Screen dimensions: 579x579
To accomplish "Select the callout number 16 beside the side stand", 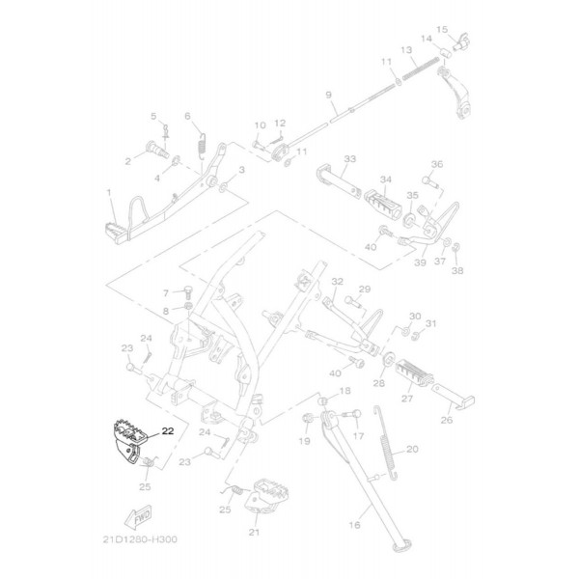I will point(353,526).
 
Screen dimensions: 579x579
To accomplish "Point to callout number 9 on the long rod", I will point(328,95).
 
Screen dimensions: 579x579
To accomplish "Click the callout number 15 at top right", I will point(442,29).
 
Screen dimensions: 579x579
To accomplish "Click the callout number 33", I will point(349,159).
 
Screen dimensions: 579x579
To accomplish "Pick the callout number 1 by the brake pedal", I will point(109,193).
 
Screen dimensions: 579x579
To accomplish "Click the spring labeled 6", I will point(201,145).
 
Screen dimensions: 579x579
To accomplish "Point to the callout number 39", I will point(419,262).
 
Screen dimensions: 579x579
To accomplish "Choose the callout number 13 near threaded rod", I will point(406,49).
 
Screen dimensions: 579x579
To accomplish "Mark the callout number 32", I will point(337,282).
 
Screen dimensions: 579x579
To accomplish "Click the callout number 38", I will point(457,271).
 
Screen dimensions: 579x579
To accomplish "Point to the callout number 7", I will point(165,292).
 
